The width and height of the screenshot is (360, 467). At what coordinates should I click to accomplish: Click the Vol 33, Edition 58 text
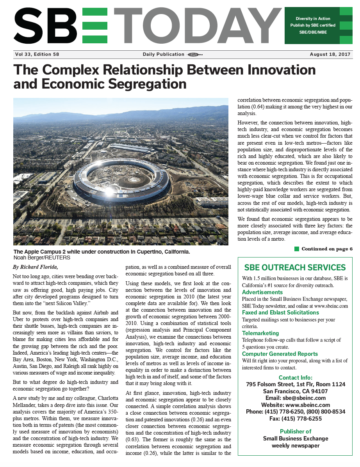[37, 55]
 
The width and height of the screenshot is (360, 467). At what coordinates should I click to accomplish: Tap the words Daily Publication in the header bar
[163, 55]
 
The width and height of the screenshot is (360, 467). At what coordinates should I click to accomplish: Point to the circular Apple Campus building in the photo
[121, 179]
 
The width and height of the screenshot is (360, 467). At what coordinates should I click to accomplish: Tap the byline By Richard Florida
[35, 267]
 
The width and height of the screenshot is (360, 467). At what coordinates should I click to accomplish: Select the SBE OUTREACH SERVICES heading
[295, 268]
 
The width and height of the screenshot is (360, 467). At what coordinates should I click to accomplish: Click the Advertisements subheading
[262, 292]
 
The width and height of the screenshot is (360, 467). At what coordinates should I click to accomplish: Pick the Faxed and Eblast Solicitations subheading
[280, 313]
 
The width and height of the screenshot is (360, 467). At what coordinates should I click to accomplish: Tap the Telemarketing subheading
[260, 333]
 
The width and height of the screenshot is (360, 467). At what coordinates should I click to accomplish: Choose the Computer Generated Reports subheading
[280, 354]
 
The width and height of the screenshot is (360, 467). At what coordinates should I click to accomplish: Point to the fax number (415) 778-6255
[295, 419]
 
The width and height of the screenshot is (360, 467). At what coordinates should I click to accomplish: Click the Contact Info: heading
[295, 378]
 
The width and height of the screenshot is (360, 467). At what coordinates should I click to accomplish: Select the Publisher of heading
[295, 431]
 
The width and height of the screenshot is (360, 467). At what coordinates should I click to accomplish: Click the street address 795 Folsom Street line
[295, 385]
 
